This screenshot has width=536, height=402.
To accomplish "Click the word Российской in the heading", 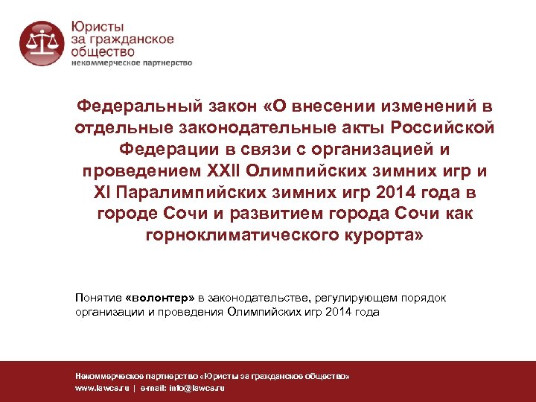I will [x=443, y=129].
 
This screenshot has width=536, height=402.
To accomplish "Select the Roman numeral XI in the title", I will [x=100, y=194].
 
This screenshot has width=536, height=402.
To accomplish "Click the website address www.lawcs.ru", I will [x=101, y=389].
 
